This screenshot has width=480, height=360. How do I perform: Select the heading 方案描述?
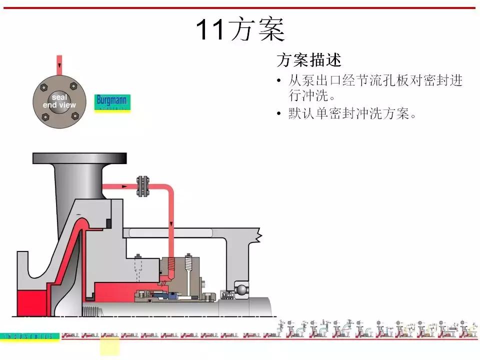tap(309, 60)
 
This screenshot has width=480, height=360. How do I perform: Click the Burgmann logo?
tap(112, 102)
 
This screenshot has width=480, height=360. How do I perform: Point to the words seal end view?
tap(59, 101)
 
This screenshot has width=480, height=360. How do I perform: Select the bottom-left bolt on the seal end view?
tap(44, 116)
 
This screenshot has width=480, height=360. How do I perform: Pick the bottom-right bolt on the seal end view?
tap(74, 116)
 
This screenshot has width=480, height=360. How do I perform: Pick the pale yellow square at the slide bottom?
tap(110, 346)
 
